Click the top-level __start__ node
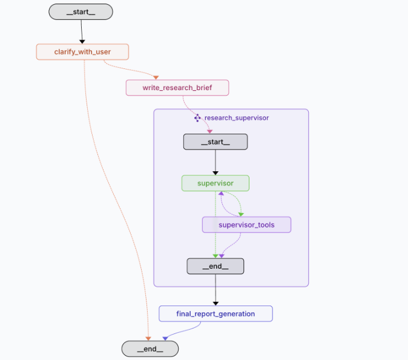81,11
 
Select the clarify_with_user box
82,52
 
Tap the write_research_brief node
177,88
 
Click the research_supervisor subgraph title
237,118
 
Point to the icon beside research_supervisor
197,118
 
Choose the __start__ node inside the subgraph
216,142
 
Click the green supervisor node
216,183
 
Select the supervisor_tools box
246,224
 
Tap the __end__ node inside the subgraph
216,266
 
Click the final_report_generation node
216,313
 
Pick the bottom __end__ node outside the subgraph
150,349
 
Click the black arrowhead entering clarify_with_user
82,42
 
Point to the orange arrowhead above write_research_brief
156,77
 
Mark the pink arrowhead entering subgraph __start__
209,132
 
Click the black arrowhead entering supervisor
216,173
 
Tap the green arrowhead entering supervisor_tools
241,215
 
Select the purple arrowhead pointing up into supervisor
221,193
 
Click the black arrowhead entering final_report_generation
216,304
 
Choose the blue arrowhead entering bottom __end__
165,338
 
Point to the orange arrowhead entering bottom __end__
148,338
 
